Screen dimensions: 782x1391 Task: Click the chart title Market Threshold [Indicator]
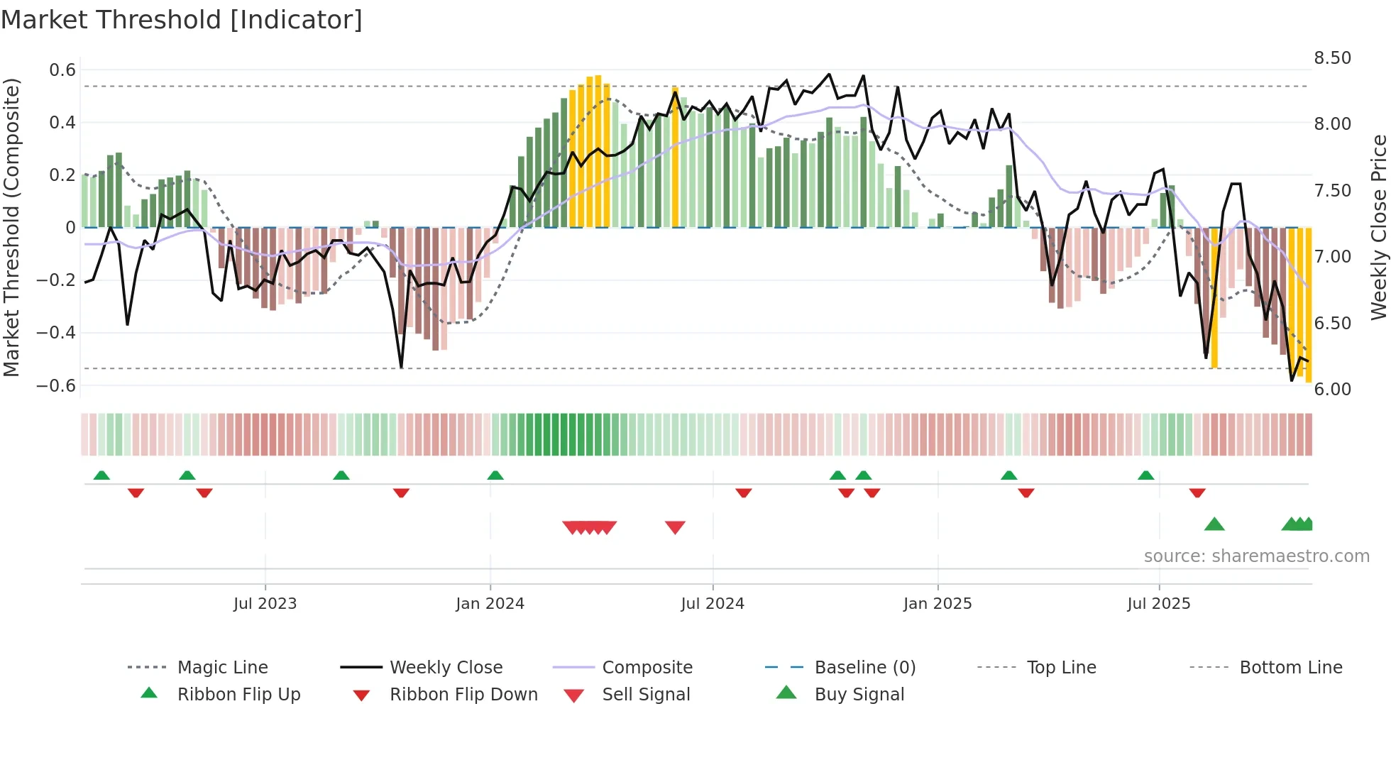coord(182,20)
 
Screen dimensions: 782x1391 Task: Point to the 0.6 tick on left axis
coord(62,70)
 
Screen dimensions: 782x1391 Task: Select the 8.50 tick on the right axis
coord(1332,58)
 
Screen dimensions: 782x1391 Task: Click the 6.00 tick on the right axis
coord(1332,390)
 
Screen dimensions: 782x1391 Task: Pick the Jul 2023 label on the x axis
coord(265,604)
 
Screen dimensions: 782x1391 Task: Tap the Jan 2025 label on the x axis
coord(937,604)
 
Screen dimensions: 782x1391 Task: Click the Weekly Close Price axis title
coord(1378,227)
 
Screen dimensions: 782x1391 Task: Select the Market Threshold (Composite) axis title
coord(11,227)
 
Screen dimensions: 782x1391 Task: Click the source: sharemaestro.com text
coord(1256,556)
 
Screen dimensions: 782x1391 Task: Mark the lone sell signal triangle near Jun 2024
coord(675,527)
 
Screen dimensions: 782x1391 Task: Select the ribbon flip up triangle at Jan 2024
coord(495,475)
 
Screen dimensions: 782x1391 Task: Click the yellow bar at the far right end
coord(1308,305)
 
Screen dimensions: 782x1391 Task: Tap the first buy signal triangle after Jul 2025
coord(1214,524)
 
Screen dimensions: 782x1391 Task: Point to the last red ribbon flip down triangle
coord(1197,492)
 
